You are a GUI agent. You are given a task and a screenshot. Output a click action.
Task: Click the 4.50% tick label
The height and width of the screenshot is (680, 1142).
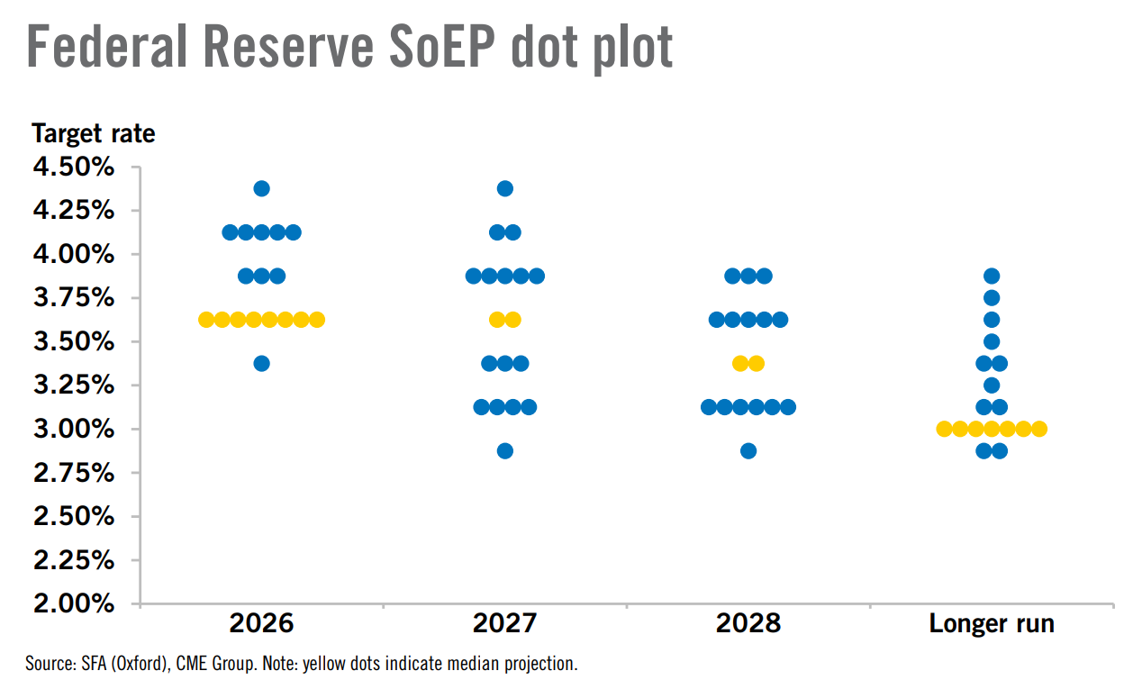pos(74,167)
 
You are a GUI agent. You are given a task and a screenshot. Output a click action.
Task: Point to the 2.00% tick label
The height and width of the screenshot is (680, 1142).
pos(74,604)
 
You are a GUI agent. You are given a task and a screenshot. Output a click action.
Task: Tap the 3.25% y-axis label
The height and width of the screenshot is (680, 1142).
pos(74,385)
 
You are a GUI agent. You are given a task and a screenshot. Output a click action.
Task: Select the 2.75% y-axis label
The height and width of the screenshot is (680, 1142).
pos(74,473)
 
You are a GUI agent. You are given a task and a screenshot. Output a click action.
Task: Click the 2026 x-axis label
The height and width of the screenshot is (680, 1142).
pos(261,623)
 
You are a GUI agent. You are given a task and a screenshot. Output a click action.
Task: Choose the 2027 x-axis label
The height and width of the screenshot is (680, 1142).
pos(504,623)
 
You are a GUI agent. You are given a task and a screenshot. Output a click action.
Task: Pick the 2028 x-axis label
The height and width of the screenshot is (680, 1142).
pos(748,623)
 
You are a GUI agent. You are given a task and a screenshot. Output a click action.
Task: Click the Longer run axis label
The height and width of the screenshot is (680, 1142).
pos(992,624)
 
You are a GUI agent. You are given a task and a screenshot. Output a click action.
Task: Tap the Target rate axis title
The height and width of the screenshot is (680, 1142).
pos(94,133)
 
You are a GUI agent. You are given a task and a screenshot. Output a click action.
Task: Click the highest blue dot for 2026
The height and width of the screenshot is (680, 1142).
pos(261,188)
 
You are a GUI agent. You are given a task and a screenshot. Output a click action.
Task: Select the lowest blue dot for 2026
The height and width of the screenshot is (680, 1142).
pos(261,364)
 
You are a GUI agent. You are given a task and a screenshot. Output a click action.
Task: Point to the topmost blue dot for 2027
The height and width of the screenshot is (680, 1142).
pos(504,188)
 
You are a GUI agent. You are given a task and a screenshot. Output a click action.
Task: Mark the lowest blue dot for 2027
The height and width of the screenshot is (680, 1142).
pos(504,451)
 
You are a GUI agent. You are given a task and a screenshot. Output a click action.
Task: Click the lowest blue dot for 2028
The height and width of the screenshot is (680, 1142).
pos(748,451)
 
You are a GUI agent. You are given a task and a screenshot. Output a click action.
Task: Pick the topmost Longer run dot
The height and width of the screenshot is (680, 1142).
pos(992,277)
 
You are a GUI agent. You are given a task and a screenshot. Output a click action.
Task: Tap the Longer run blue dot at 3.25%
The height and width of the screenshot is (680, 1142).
pos(992,385)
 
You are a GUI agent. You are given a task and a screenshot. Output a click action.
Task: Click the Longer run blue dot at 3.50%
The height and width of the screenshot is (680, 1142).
pos(992,341)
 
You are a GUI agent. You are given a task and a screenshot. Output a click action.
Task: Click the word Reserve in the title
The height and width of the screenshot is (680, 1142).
pos(288,47)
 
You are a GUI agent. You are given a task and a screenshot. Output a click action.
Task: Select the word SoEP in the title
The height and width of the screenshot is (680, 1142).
pos(441,47)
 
